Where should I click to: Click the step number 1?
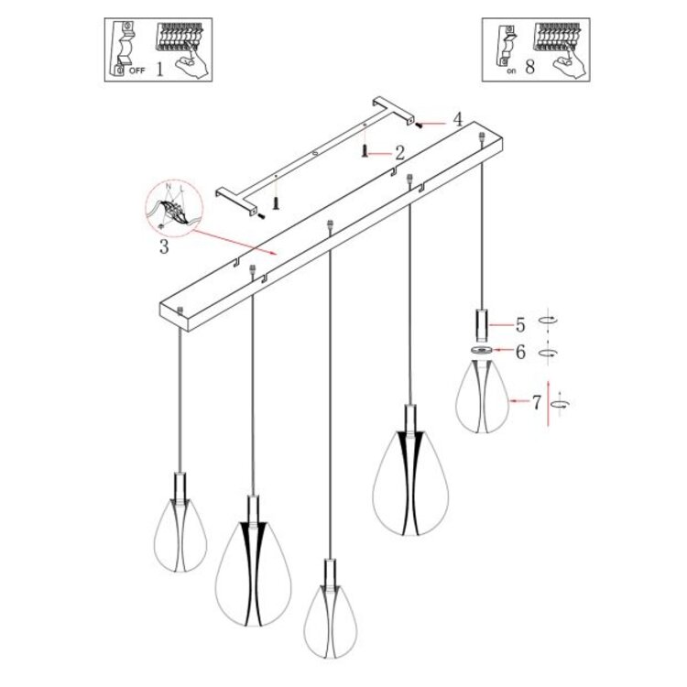(160, 70)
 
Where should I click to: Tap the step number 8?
(530, 67)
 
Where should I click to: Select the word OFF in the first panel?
(136, 71)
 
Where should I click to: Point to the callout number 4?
(458, 119)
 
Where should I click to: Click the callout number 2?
(399, 153)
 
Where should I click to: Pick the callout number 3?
(164, 246)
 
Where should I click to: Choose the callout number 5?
(520, 325)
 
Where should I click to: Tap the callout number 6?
(520, 352)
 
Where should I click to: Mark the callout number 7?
(537, 402)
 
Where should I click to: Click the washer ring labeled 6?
(482, 350)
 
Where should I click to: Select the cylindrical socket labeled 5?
(482, 325)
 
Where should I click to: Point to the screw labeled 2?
(364, 151)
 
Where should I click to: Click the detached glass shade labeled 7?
(482, 396)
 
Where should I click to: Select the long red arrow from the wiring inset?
(234, 243)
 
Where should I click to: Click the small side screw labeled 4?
(419, 125)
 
